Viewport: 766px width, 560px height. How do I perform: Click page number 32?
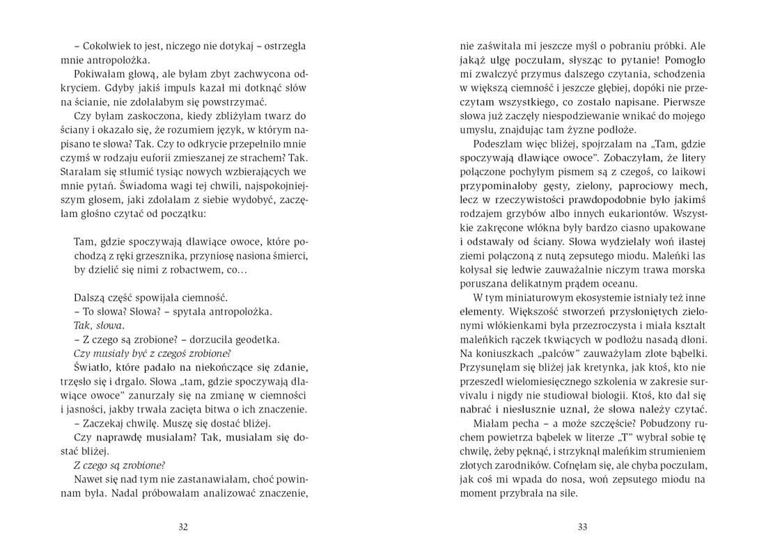pyautogui.click(x=184, y=527)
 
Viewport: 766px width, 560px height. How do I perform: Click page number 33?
pyautogui.click(x=583, y=527)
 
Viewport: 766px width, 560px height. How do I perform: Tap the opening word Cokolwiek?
pyautogui.click(x=107, y=46)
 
